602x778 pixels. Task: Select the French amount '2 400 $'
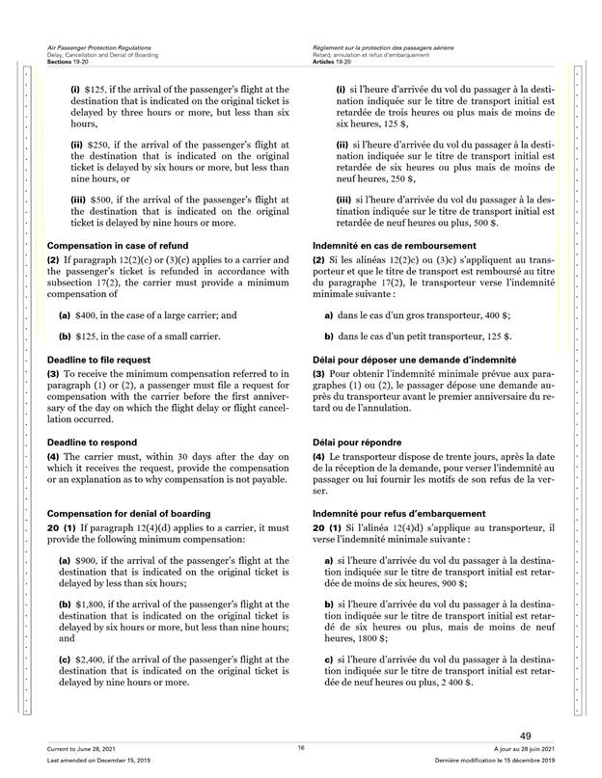(455, 683)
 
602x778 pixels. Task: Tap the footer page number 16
(301, 748)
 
